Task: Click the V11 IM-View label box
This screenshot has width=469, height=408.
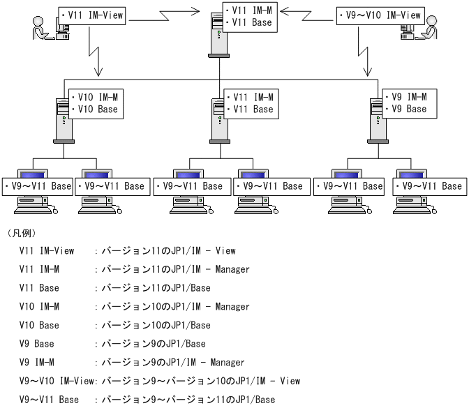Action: click(x=92, y=15)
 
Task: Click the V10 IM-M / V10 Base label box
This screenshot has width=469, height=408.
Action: click(x=95, y=103)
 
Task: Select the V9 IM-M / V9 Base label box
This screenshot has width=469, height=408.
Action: click(x=410, y=103)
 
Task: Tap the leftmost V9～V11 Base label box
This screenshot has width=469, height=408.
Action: click(x=38, y=186)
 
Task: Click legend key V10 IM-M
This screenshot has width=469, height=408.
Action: click(x=39, y=307)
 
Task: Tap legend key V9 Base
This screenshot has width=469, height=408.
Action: click(x=36, y=344)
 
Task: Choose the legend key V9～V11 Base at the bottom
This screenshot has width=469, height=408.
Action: click(x=49, y=400)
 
